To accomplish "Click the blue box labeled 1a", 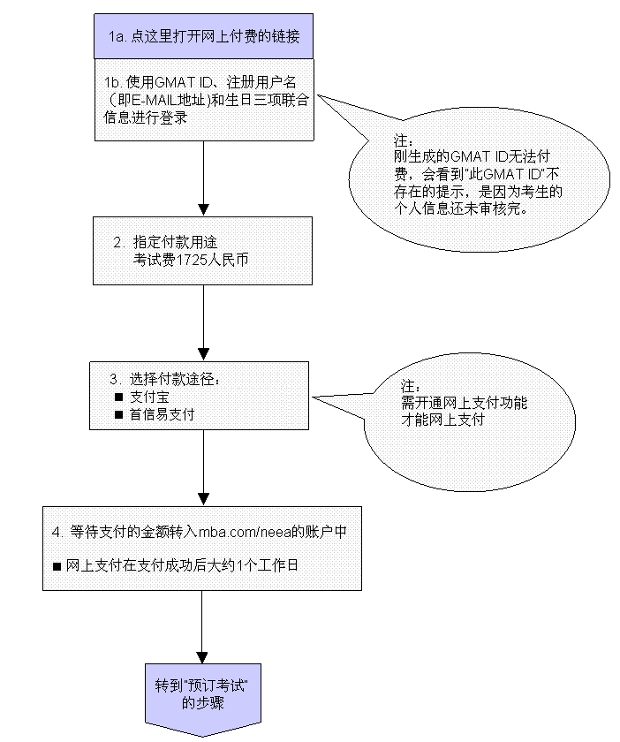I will (203, 36).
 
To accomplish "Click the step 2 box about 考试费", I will (203, 251).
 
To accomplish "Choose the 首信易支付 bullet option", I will (163, 413).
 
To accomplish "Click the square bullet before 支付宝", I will (119, 397).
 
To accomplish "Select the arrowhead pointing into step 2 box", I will (203, 210).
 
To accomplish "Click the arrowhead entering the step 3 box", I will (202, 355).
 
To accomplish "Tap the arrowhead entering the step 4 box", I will (202, 500).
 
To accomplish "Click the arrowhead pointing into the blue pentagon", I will (202, 658).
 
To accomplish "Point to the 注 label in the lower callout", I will (408, 388).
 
